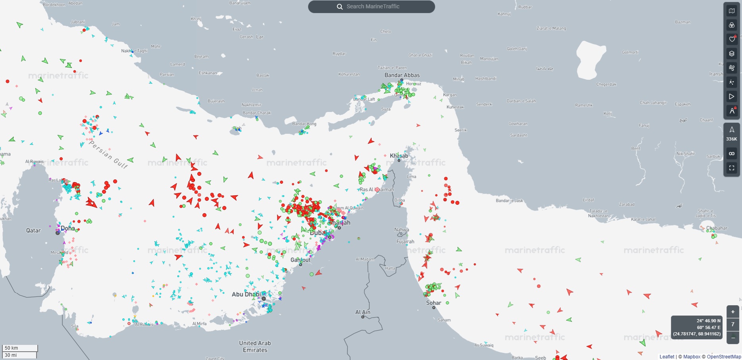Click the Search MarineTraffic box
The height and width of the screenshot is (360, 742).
pyautogui.click(x=372, y=7)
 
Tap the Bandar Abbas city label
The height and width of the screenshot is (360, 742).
pyautogui.click(x=402, y=75)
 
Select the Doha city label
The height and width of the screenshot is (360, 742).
pyautogui.click(x=68, y=228)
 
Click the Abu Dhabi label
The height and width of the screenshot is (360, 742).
pyautogui.click(x=246, y=294)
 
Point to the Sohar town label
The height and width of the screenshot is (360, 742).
pyautogui.click(x=434, y=302)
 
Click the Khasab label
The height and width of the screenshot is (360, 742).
pyautogui.click(x=399, y=156)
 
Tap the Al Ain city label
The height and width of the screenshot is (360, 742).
pyautogui.click(x=362, y=312)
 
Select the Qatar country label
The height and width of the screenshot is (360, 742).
pyautogui.click(x=33, y=230)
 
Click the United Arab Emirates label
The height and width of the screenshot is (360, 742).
pyautogui.click(x=255, y=346)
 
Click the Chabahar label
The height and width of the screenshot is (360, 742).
pyautogui.click(x=717, y=228)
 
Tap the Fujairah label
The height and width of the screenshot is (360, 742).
pyautogui.click(x=405, y=241)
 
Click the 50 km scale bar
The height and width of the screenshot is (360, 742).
pyautogui.click(x=20, y=348)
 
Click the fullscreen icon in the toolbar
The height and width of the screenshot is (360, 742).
pyautogui.click(x=732, y=168)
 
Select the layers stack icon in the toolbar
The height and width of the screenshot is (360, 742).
pyautogui.click(x=732, y=54)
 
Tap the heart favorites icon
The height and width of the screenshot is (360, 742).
pyautogui.click(x=732, y=39)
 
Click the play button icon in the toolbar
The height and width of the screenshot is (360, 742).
pyautogui.click(x=732, y=96)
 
